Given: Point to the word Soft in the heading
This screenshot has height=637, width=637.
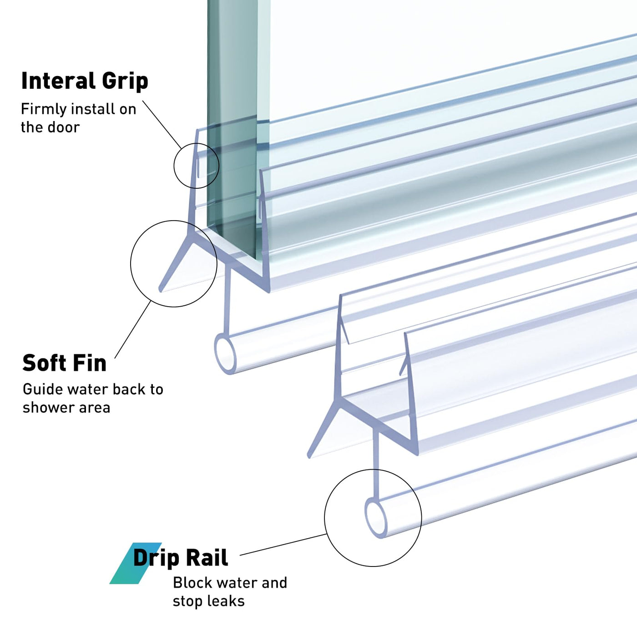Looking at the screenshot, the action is click(44, 363).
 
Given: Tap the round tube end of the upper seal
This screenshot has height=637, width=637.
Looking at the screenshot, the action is click(225, 354).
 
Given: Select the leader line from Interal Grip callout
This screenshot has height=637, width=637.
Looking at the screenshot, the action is click(162, 125).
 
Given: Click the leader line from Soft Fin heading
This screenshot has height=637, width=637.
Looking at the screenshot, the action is click(132, 329).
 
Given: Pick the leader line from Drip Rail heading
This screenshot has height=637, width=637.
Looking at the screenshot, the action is click(283, 545).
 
